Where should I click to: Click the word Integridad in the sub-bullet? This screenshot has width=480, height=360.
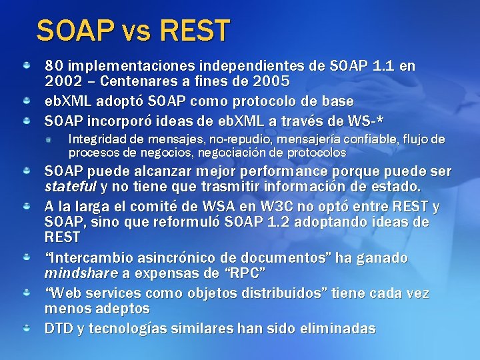coord(98,139)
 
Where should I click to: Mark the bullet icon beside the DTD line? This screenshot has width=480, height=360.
coord(25,329)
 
